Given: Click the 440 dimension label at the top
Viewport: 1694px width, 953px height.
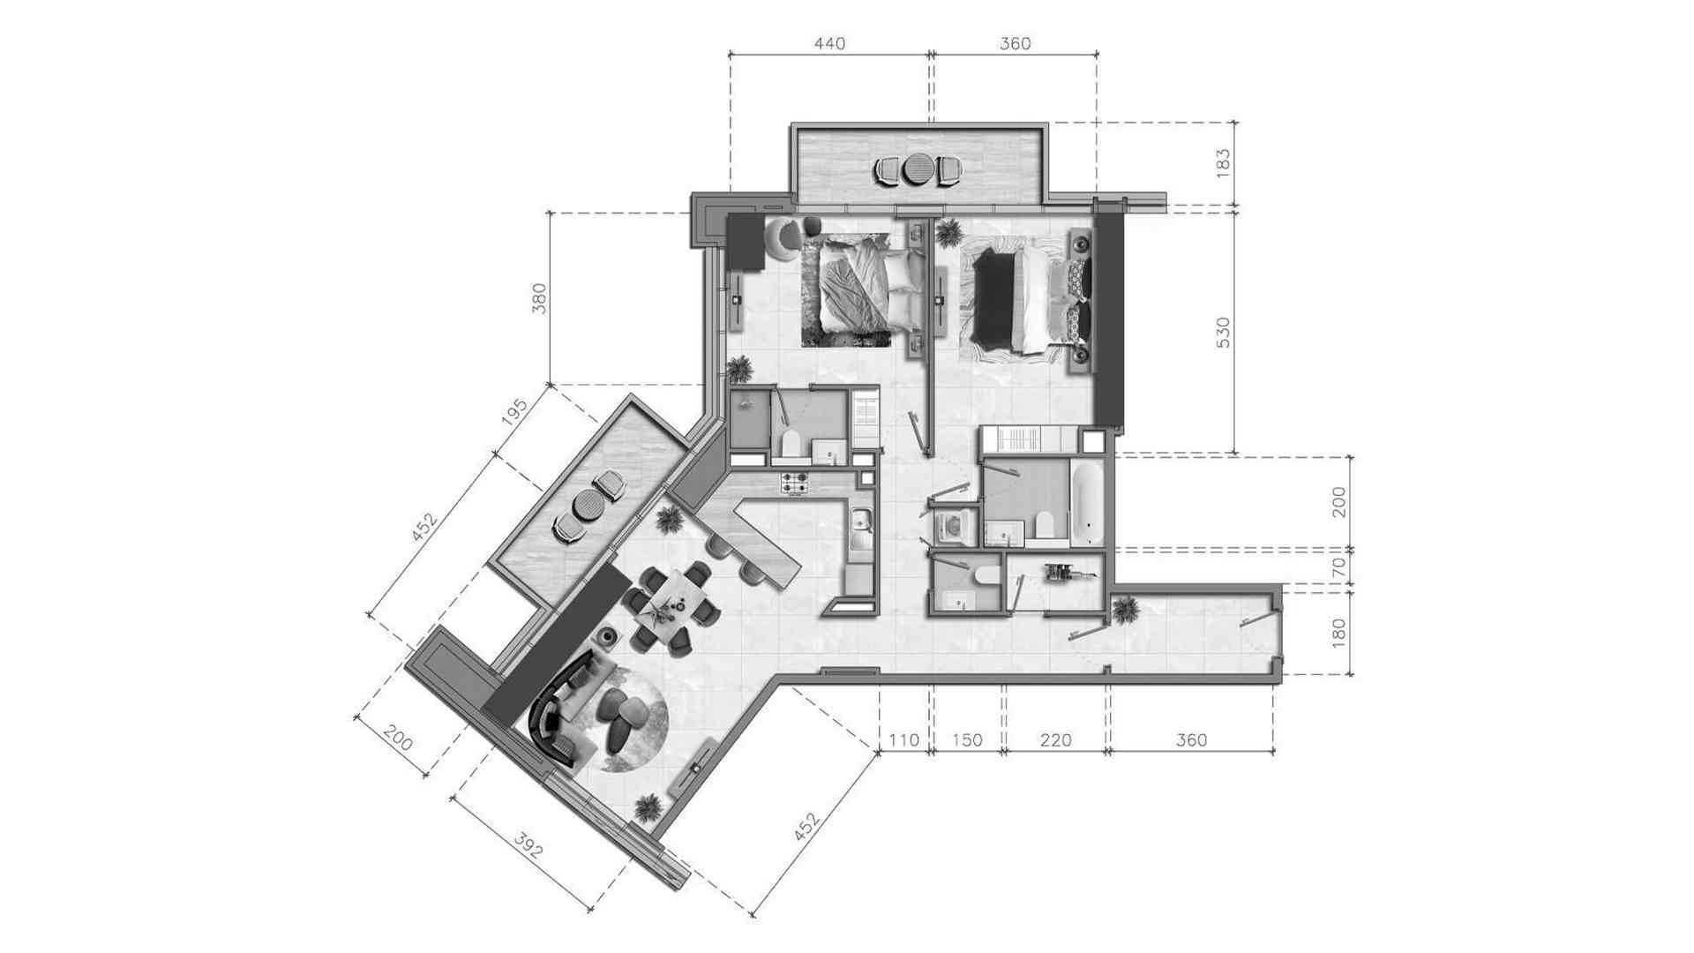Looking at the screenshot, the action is pos(829,43).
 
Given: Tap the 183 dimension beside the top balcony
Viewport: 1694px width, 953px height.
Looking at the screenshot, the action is pos(1223,164).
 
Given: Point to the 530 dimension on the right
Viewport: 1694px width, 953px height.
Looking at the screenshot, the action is pos(1223,333).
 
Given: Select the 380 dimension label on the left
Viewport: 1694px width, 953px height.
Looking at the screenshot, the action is pos(540,298).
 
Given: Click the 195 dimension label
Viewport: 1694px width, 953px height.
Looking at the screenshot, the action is pos(514,413).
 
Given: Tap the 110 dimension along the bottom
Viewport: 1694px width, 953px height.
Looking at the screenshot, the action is pos(903,740).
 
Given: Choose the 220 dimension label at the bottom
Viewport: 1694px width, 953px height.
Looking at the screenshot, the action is pos(1055,740).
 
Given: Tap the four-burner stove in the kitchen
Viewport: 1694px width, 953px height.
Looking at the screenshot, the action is pos(793,483).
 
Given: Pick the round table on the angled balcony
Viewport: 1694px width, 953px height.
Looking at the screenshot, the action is pos(587,507).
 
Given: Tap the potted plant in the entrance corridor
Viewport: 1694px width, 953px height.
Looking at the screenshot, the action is pos(1125,609).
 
